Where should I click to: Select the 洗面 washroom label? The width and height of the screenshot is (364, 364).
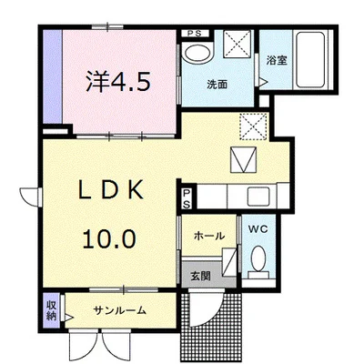point(217,85)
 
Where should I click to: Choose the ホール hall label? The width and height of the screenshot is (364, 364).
point(208,235)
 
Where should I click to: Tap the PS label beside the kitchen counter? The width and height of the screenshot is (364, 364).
point(186,199)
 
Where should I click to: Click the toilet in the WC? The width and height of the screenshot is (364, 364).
point(258,259)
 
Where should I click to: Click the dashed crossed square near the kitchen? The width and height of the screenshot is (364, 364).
point(253,125)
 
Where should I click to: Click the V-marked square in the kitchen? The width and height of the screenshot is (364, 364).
point(244,161)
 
